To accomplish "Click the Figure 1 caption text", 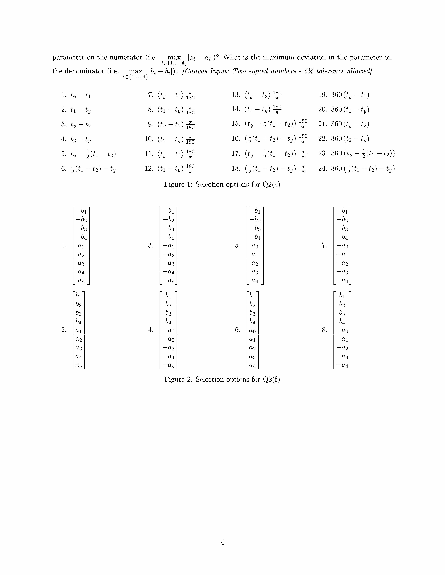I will point(222,184).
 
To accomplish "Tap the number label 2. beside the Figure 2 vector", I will point(64,330).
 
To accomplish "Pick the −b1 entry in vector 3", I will point(168,211).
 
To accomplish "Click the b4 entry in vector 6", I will point(252,322).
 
